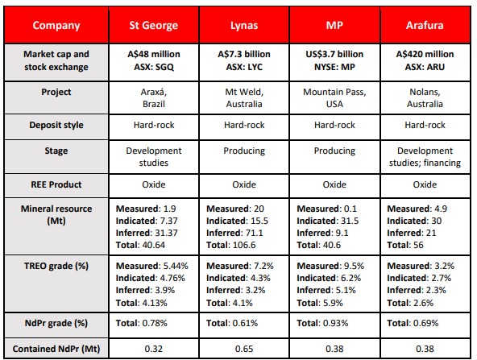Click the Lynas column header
pos(244,25)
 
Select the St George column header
pos(154,25)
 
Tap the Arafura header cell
pos(425,25)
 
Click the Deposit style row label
pos(56,125)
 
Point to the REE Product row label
pos(56,184)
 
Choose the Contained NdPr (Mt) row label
pos(56,349)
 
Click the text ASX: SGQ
pos(154,67)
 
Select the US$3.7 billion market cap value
pos(334,54)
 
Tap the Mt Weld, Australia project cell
pos(244,98)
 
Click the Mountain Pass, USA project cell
pos(334,98)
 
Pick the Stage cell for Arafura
pos(425,157)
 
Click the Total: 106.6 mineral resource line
pos(231,245)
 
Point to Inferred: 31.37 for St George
pos(147,233)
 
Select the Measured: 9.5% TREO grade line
pos(330,266)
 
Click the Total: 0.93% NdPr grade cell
pos(322,323)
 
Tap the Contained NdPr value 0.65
pos(244,349)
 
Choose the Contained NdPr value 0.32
pos(154,349)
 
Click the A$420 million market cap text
pos(425,54)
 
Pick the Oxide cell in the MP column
pos(334,184)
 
